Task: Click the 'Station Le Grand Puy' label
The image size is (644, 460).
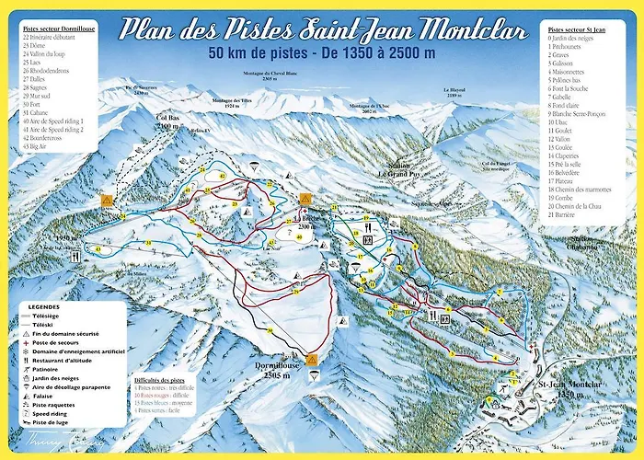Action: coord(398,170)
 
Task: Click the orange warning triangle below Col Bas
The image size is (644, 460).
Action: coord(108,199)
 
